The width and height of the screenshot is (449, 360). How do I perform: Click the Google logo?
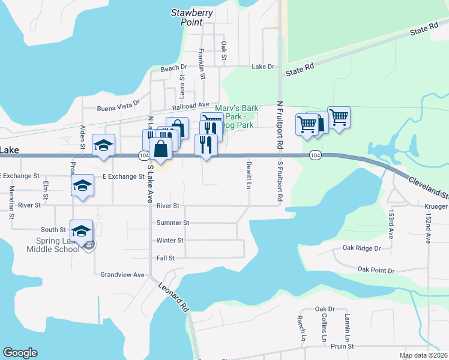point(20,353)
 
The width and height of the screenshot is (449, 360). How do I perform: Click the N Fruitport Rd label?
point(279,125)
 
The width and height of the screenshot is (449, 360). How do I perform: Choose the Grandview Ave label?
point(122,275)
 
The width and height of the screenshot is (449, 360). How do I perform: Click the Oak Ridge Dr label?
point(361,248)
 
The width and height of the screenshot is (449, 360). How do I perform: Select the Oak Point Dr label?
point(376,271)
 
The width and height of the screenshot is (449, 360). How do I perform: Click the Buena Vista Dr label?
point(118,109)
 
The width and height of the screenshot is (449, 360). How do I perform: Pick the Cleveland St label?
point(428,187)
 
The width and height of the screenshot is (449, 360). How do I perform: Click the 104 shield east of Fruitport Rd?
point(315,155)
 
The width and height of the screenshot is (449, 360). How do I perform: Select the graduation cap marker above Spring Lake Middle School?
point(82,230)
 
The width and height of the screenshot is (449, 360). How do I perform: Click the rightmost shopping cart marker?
point(339,117)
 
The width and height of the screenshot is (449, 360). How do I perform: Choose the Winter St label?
point(169,241)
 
